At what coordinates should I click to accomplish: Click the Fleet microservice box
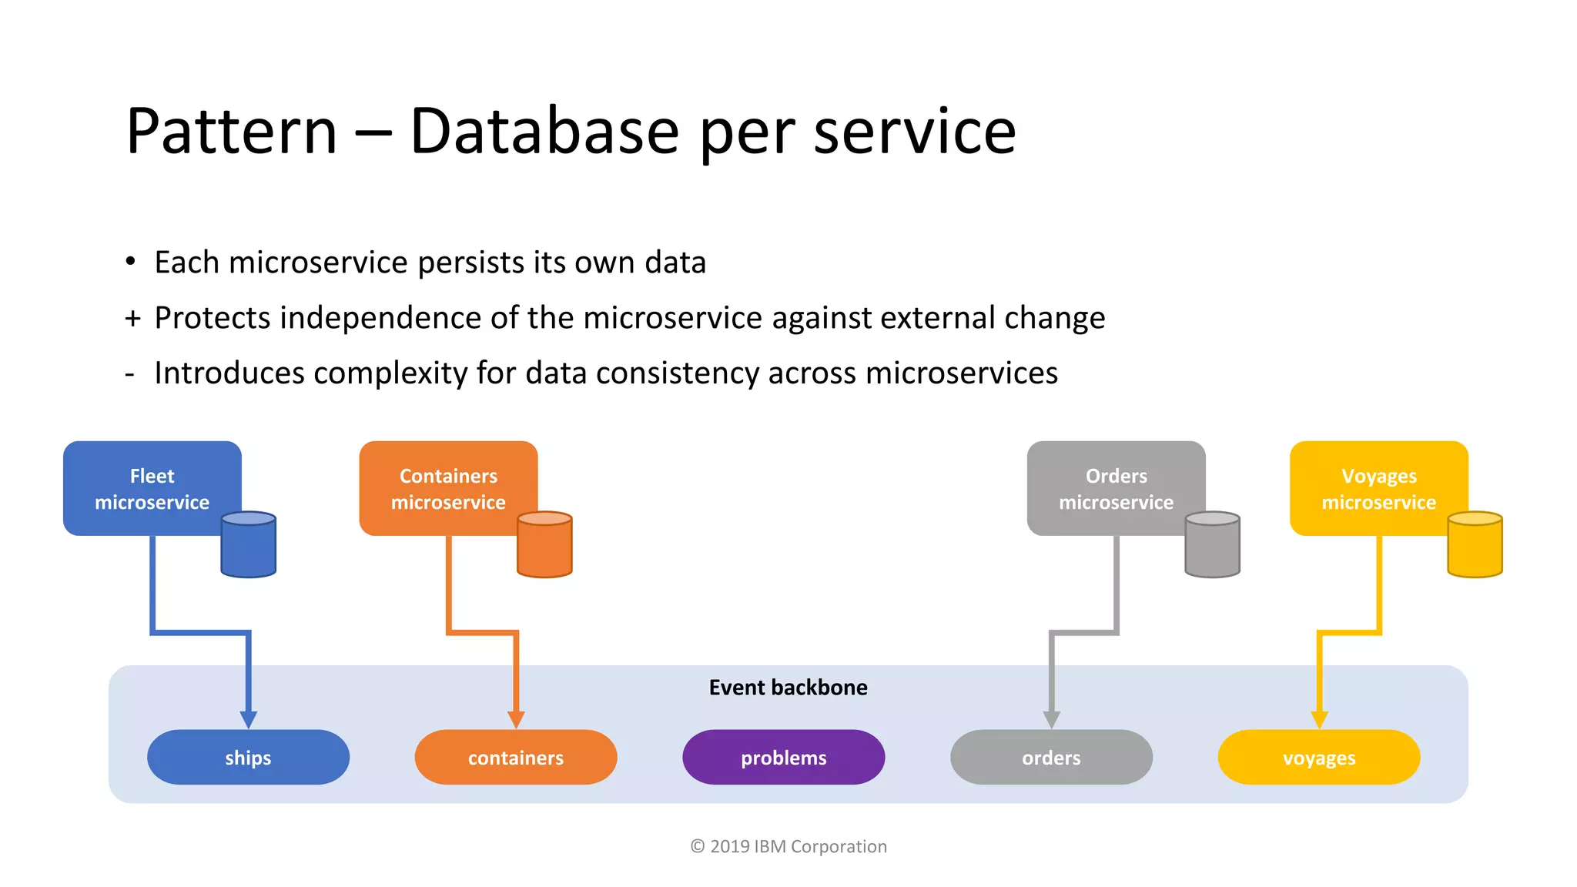point(152,488)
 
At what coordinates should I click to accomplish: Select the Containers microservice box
point(448,488)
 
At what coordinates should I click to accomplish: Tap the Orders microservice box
point(1116,488)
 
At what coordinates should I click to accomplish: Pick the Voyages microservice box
point(1378,488)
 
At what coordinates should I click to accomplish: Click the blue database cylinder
point(248,545)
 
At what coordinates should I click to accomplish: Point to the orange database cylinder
point(544,545)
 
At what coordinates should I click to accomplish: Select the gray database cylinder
point(1212,545)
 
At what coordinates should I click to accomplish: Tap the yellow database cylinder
point(1475,545)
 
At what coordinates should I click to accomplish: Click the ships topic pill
point(248,758)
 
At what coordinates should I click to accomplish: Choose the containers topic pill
point(516,758)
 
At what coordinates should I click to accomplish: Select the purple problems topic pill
point(783,758)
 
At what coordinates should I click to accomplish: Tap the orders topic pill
point(1051,758)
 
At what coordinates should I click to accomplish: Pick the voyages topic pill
point(1318,758)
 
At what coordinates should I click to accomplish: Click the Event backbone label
point(788,688)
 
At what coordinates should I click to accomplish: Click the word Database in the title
point(544,131)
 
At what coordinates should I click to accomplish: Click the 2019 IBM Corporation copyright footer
point(788,846)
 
